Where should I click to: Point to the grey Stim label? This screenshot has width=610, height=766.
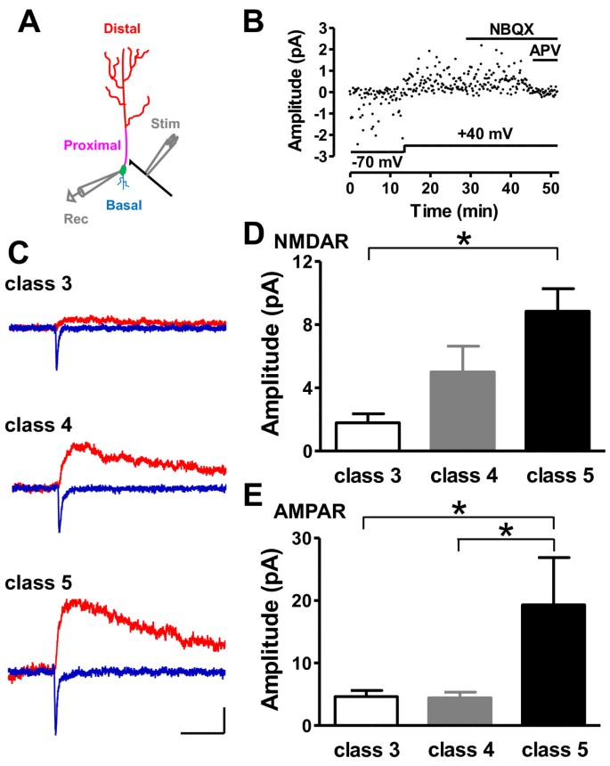(167, 122)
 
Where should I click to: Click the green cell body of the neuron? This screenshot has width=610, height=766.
(123, 170)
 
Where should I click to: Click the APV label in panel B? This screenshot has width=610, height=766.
(544, 50)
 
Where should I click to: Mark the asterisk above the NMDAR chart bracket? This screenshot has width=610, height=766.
(464, 240)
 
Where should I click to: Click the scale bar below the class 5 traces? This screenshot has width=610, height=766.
(202, 731)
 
